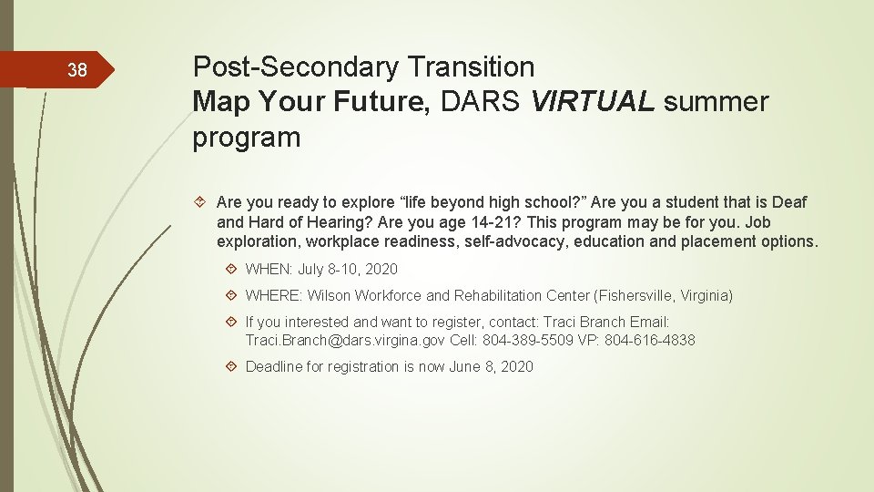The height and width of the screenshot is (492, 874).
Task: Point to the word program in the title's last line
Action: pos(246,138)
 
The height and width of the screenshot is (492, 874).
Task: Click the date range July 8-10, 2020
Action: pos(348,269)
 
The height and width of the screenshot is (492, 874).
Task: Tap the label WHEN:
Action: pos(269,269)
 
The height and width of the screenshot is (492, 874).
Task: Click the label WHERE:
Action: pos(274,295)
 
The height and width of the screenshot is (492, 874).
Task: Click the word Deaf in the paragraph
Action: pos(789,202)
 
